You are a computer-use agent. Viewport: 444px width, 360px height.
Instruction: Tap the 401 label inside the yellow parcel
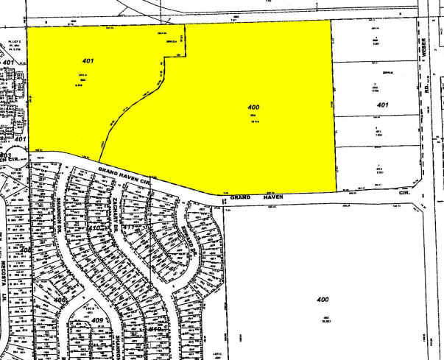(88, 60)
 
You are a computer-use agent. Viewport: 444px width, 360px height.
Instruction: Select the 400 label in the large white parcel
(323, 300)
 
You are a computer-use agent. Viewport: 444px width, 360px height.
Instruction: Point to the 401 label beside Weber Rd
(381, 105)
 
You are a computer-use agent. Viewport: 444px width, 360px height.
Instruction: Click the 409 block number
(97, 320)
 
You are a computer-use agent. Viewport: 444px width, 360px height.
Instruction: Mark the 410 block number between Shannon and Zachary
(94, 229)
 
